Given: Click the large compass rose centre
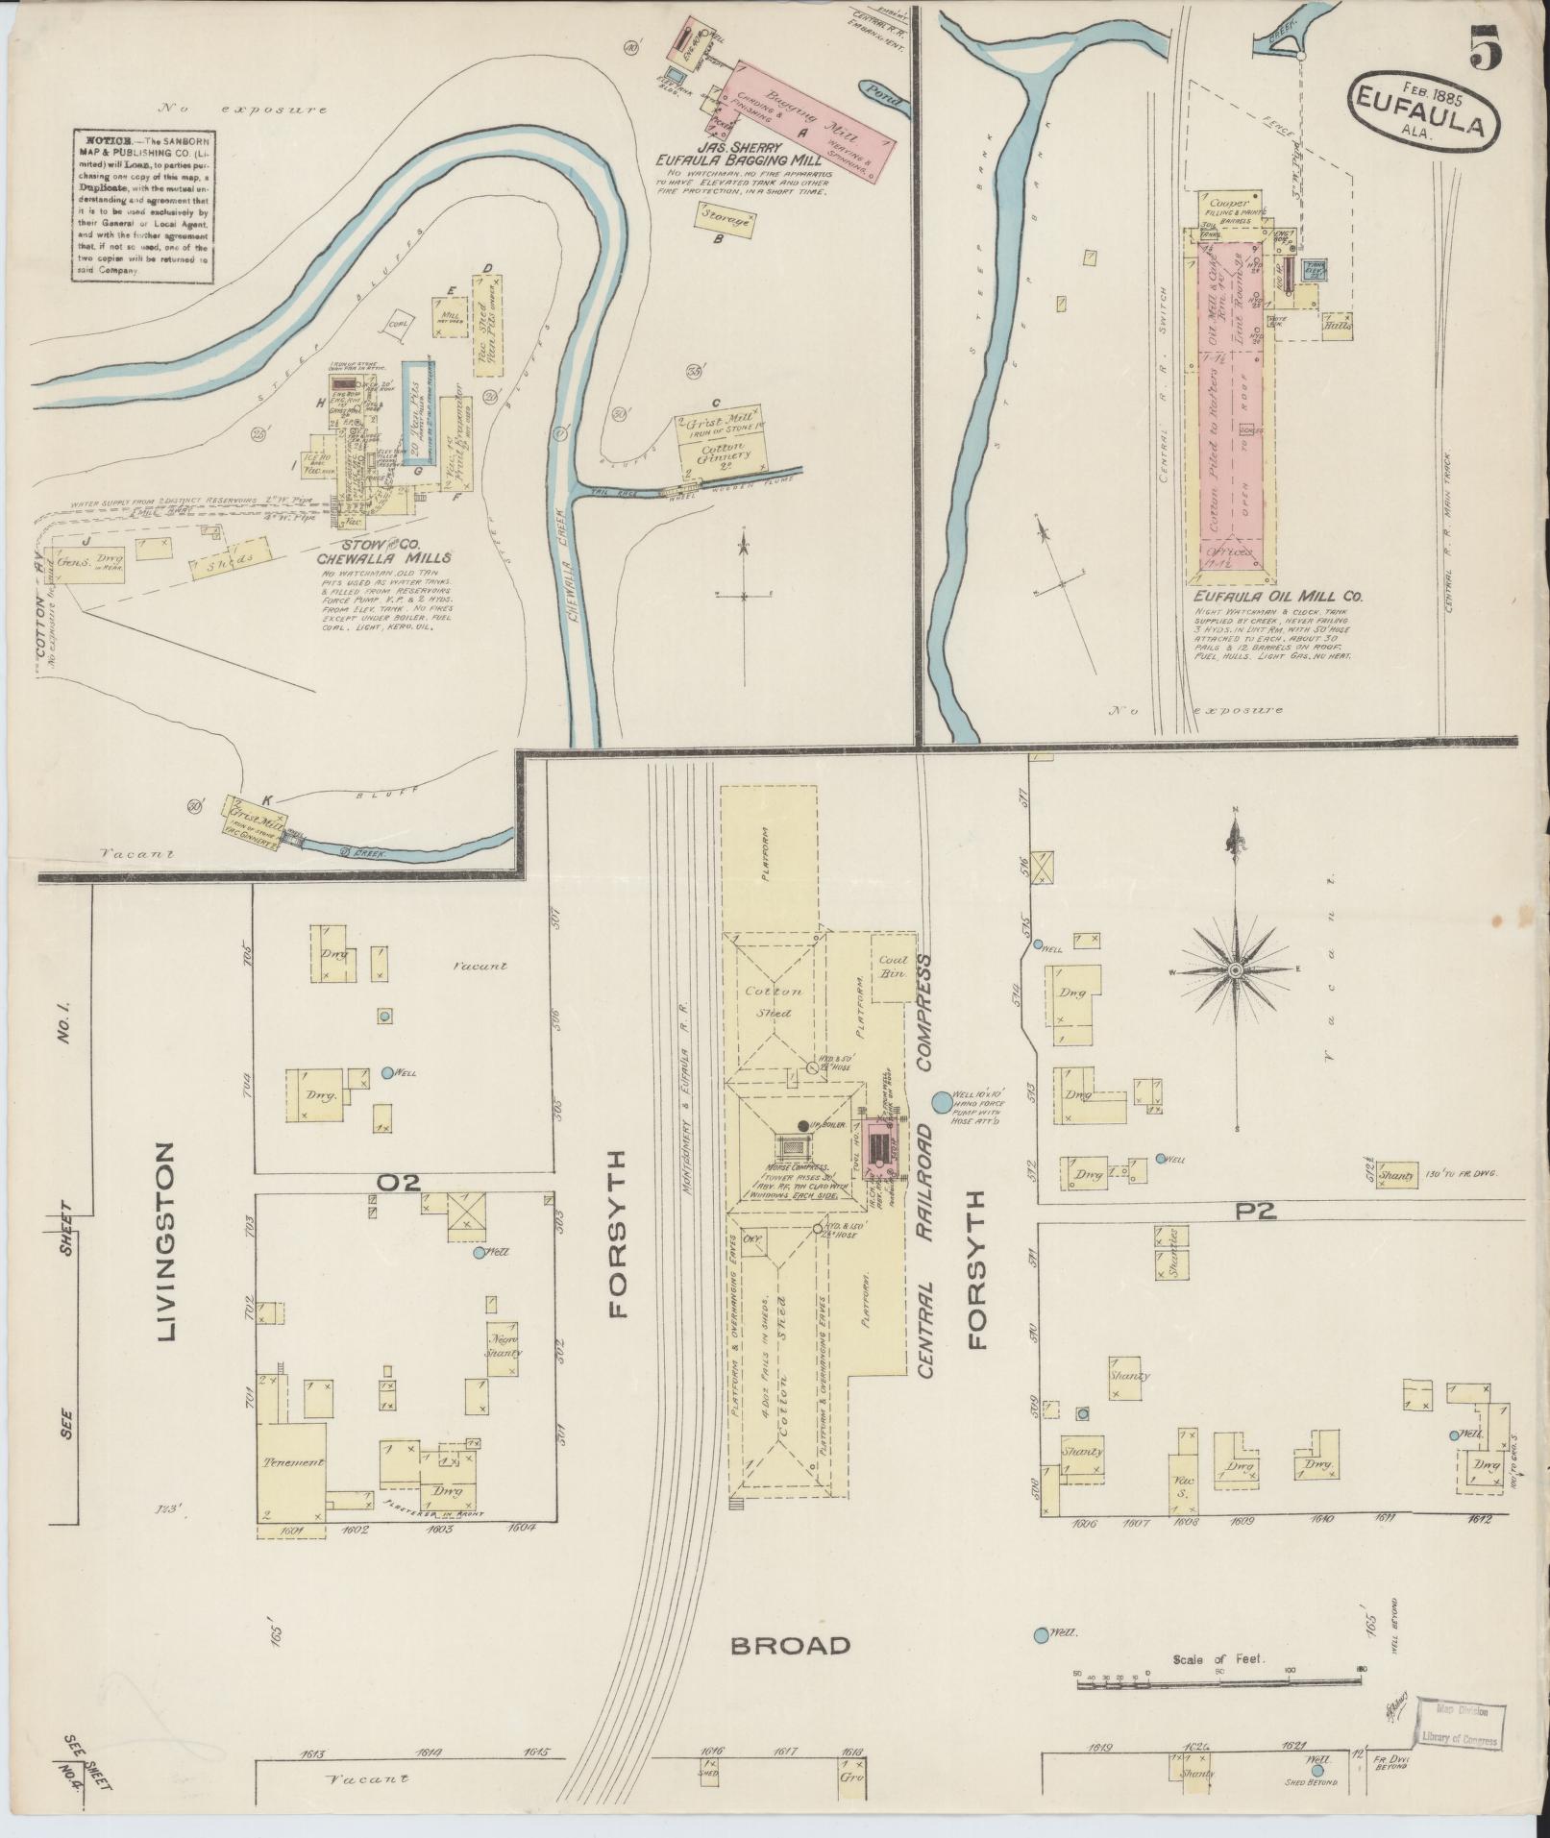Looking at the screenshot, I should pos(1236,972).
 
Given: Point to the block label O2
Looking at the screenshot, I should pos(399,1184).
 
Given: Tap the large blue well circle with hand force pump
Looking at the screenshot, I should pos(940,1099).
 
